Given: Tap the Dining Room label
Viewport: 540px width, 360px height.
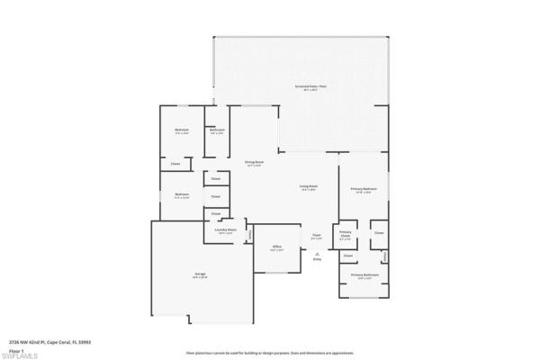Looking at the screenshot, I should pyautogui.click(x=253, y=163).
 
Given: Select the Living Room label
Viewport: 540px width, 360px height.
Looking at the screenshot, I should pyautogui.click(x=309, y=187).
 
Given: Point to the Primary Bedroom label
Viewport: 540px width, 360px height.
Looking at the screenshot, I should pyautogui.click(x=364, y=189).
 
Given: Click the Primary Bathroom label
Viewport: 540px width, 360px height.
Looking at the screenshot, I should pyautogui.click(x=364, y=275).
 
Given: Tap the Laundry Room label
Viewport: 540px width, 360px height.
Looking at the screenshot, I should pyautogui.click(x=226, y=230).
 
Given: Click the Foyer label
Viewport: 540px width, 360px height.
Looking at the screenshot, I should pyautogui.click(x=317, y=237).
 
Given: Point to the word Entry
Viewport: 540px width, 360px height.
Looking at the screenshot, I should pyautogui.click(x=317, y=260).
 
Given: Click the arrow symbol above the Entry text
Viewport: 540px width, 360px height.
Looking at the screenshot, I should pyautogui.click(x=317, y=254).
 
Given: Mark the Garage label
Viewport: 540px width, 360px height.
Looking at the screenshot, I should pyautogui.click(x=201, y=274).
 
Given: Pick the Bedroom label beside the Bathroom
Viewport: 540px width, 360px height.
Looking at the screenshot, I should pyautogui.click(x=182, y=131).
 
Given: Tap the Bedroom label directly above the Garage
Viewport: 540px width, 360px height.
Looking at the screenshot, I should pyautogui.click(x=182, y=194).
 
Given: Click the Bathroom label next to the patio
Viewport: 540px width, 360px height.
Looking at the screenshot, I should pyautogui.click(x=217, y=131).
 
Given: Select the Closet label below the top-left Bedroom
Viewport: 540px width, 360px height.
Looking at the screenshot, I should pyautogui.click(x=175, y=164).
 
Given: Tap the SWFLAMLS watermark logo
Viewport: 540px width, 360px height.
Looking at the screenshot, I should pyautogui.click(x=20, y=355).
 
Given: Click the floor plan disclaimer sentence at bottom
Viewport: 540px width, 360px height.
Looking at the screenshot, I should pyautogui.click(x=270, y=354).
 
